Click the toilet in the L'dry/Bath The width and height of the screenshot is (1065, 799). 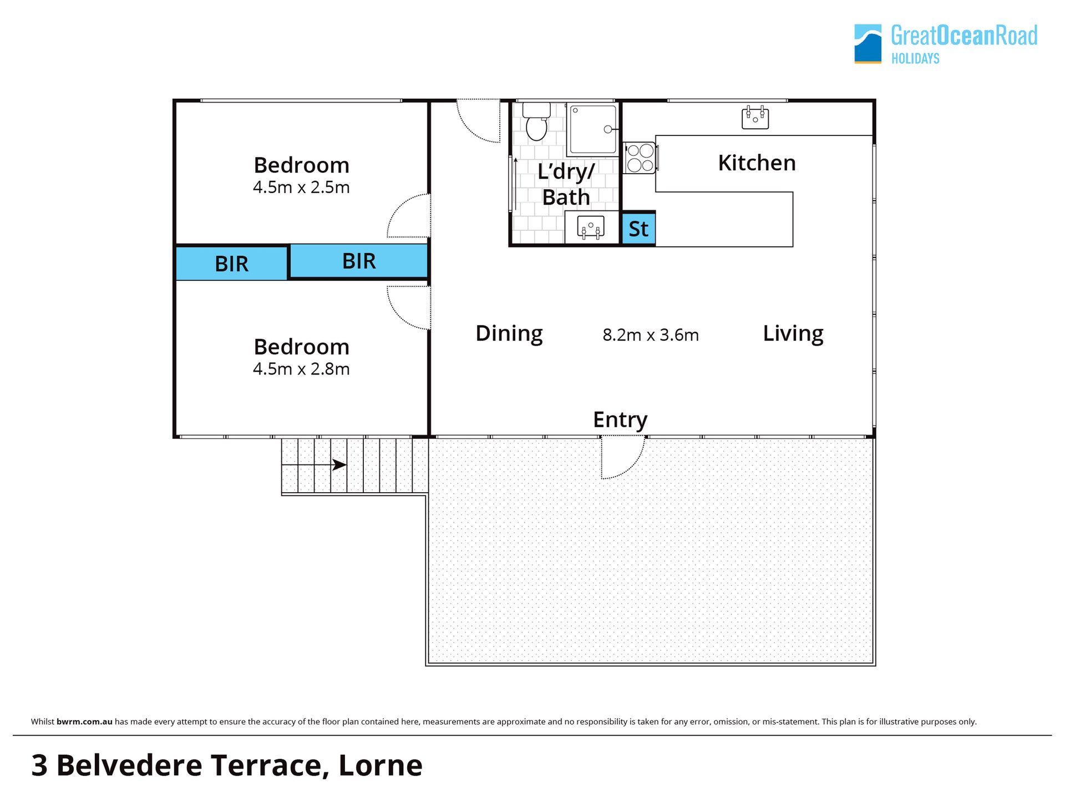click(x=536, y=121)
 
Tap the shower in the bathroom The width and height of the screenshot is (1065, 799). click(x=592, y=129)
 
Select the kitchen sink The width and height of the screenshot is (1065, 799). click(x=755, y=117)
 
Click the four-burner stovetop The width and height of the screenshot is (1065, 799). click(x=640, y=158)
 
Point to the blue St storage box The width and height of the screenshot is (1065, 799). click(x=638, y=229)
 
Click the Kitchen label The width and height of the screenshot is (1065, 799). click(x=757, y=163)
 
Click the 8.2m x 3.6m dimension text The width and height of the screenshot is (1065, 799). click(x=651, y=335)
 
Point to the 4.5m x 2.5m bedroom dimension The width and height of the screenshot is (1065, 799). click(x=301, y=188)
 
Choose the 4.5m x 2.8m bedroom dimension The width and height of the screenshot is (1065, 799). click(x=301, y=369)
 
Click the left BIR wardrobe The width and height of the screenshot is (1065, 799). click(x=231, y=263)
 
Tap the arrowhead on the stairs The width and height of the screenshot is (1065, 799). click(x=339, y=465)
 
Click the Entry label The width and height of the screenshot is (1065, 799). click(x=620, y=420)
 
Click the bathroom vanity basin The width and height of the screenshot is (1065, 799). click(x=590, y=227)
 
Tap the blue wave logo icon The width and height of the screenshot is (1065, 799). click(x=868, y=44)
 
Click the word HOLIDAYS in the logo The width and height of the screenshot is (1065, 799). click(x=915, y=59)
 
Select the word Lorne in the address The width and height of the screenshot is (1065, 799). click(x=381, y=765)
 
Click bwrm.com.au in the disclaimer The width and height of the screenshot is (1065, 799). click(x=84, y=722)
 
